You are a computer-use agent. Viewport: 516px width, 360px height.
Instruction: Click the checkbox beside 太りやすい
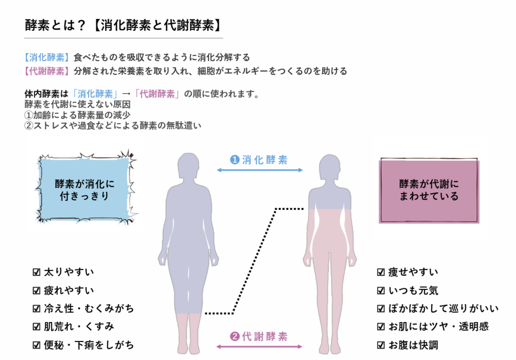[x=36, y=272]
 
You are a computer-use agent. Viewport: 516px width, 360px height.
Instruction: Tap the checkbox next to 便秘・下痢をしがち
[x=36, y=345]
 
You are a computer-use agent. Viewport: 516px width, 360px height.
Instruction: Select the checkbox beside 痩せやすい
[x=380, y=272]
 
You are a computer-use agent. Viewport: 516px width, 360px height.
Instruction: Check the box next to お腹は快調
[x=380, y=345]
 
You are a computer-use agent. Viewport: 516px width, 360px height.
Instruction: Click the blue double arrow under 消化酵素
[x=260, y=170]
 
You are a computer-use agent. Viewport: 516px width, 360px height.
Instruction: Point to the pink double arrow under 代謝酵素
[x=259, y=346]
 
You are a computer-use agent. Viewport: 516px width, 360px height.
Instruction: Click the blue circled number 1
[x=235, y=160]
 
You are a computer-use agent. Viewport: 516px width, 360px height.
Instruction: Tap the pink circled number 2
[x=235, y=336]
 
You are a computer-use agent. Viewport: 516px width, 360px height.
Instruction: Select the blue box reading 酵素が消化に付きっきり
[x=85, y=190]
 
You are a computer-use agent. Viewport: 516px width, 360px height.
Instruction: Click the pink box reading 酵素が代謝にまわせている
[x=429, y=190]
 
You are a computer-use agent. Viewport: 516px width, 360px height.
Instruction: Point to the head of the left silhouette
[x=188, y=166]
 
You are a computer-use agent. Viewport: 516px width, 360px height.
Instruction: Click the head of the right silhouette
[x=330, y=167]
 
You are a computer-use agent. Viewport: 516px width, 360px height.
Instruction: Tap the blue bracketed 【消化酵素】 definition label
[x=47, y=57]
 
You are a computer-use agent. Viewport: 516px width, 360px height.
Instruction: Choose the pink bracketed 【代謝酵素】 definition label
[x=47, y=71]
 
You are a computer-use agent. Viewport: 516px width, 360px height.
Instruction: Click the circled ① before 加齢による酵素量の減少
[x=28, y=115]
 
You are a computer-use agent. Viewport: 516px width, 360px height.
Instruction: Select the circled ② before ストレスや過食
[x=28, y=125]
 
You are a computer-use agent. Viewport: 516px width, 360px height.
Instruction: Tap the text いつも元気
[x=413, y=291]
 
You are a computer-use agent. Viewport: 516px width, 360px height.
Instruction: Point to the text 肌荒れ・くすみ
[x=79, y=326]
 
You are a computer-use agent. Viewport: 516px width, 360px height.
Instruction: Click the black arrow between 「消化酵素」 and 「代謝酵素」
[x=126, y=94]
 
